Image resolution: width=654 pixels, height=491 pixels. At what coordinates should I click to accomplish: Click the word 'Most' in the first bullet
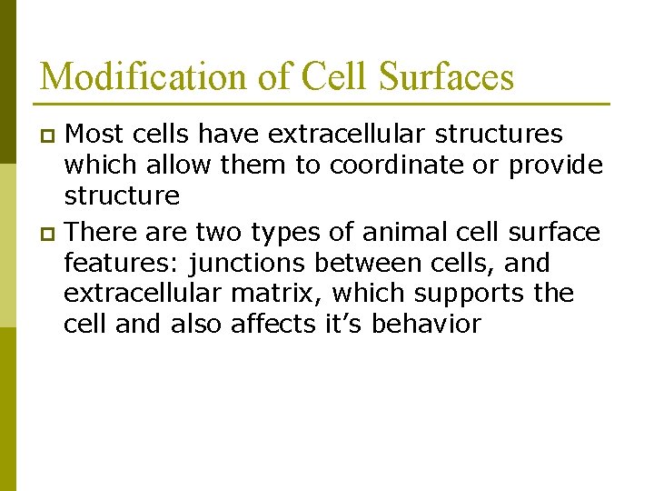94,135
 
